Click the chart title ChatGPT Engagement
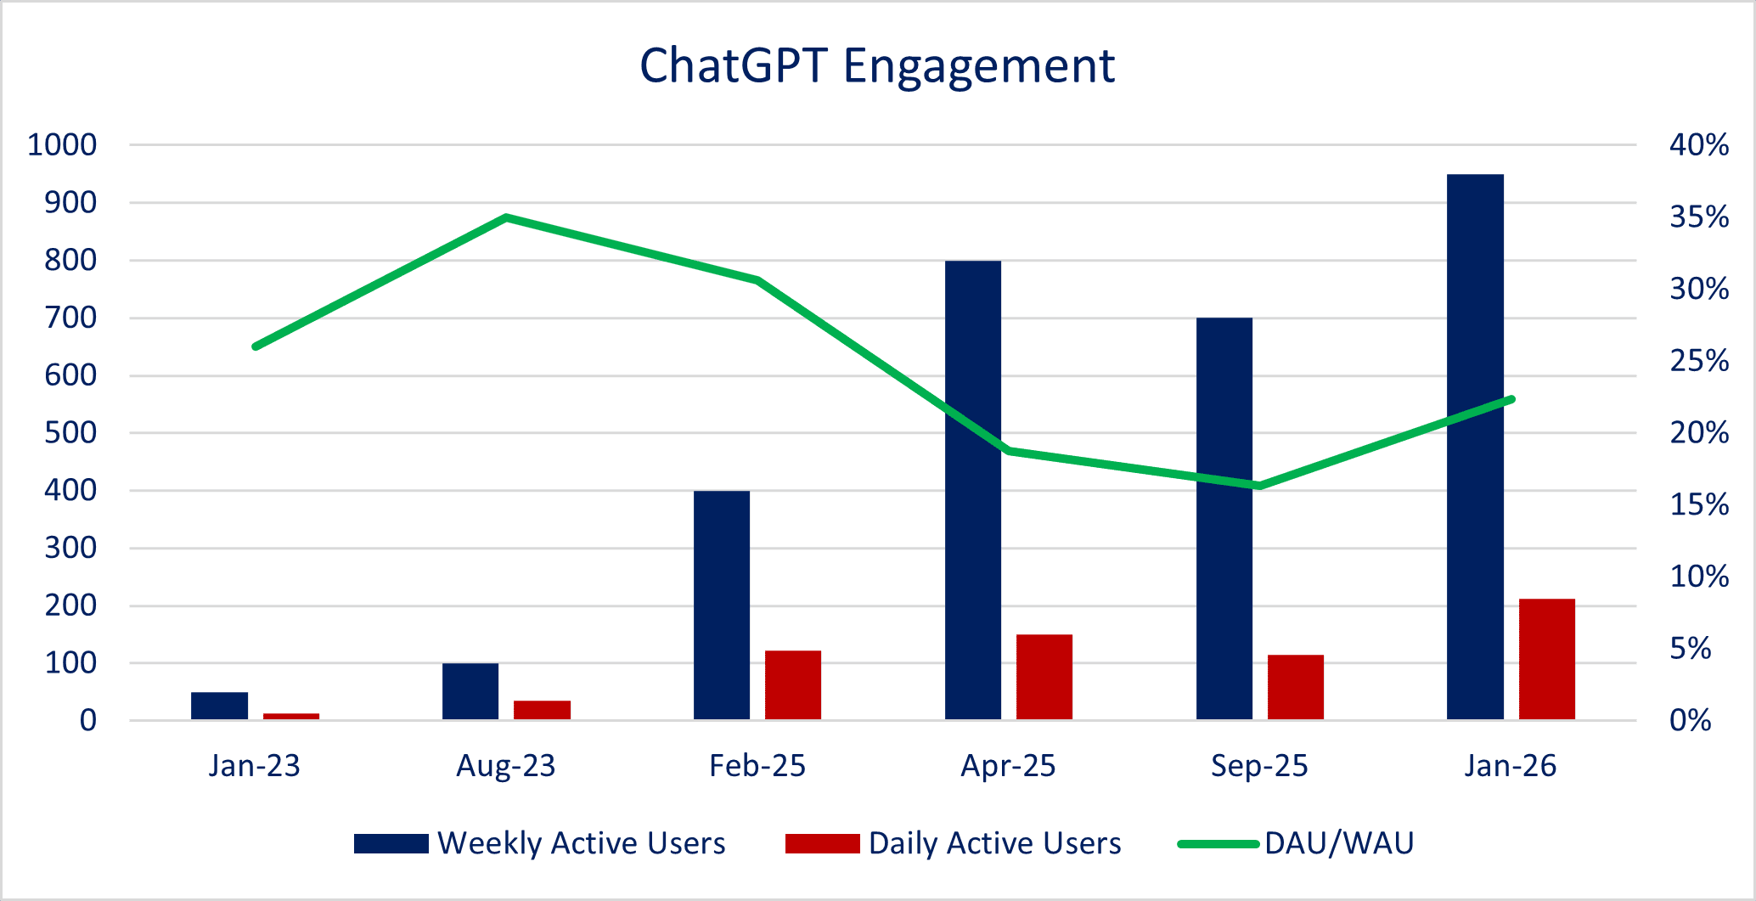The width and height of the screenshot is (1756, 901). [876, 66]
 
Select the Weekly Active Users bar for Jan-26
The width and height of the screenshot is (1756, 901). [1475, 447]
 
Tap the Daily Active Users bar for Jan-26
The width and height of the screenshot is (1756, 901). [1546, 659]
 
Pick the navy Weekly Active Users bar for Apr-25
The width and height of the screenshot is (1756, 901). [973, 490]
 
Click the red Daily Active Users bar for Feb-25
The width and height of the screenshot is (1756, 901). [793, 684]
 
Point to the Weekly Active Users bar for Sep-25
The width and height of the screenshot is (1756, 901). [1224, 519]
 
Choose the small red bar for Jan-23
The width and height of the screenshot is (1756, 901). [291, 717]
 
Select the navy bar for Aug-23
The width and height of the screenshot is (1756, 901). [470, 691]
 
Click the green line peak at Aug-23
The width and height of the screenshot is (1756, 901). [506, 217]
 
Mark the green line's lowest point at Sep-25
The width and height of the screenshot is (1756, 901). [1259, 486]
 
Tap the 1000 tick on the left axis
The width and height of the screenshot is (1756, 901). [62, 145]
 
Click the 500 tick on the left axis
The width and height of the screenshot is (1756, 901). [70, 433]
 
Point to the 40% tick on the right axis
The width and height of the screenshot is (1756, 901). [1699, 145]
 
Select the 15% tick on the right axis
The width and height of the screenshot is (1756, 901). [1699, 505]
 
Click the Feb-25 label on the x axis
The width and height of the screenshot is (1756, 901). [757, 766]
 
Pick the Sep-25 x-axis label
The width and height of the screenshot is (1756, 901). [1259, 766]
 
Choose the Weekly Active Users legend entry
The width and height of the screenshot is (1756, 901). [581, 843]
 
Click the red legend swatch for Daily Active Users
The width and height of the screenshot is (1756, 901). [822, 843]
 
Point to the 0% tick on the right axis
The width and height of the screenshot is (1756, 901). [1691, 721]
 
